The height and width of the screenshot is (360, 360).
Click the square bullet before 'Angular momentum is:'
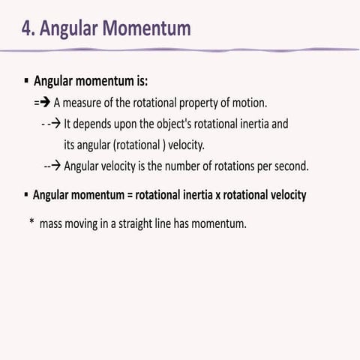[26, 79]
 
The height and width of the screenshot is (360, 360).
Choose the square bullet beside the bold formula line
[25, 195]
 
